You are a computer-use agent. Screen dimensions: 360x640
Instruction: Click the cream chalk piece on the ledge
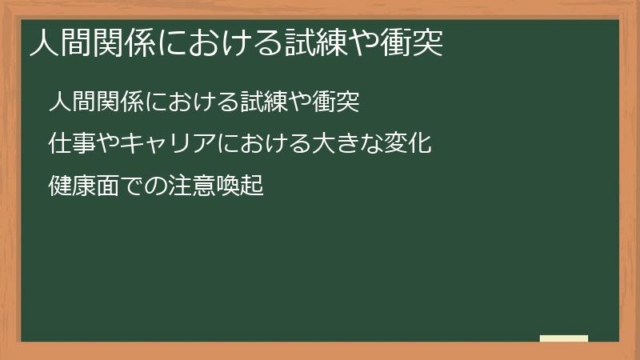[563, 338]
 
